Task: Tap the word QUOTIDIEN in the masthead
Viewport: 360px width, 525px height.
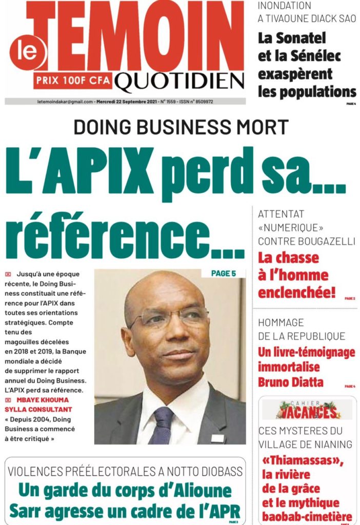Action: click(179, 80)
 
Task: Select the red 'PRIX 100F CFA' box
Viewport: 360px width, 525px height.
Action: click(72, 80)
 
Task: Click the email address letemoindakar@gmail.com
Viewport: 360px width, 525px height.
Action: click(65, 102)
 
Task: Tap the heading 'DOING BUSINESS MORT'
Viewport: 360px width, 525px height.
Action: click(181, 127)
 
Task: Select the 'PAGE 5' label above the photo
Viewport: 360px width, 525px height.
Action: click(224, 273)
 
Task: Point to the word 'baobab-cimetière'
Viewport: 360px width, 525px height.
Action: click(306, 516)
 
